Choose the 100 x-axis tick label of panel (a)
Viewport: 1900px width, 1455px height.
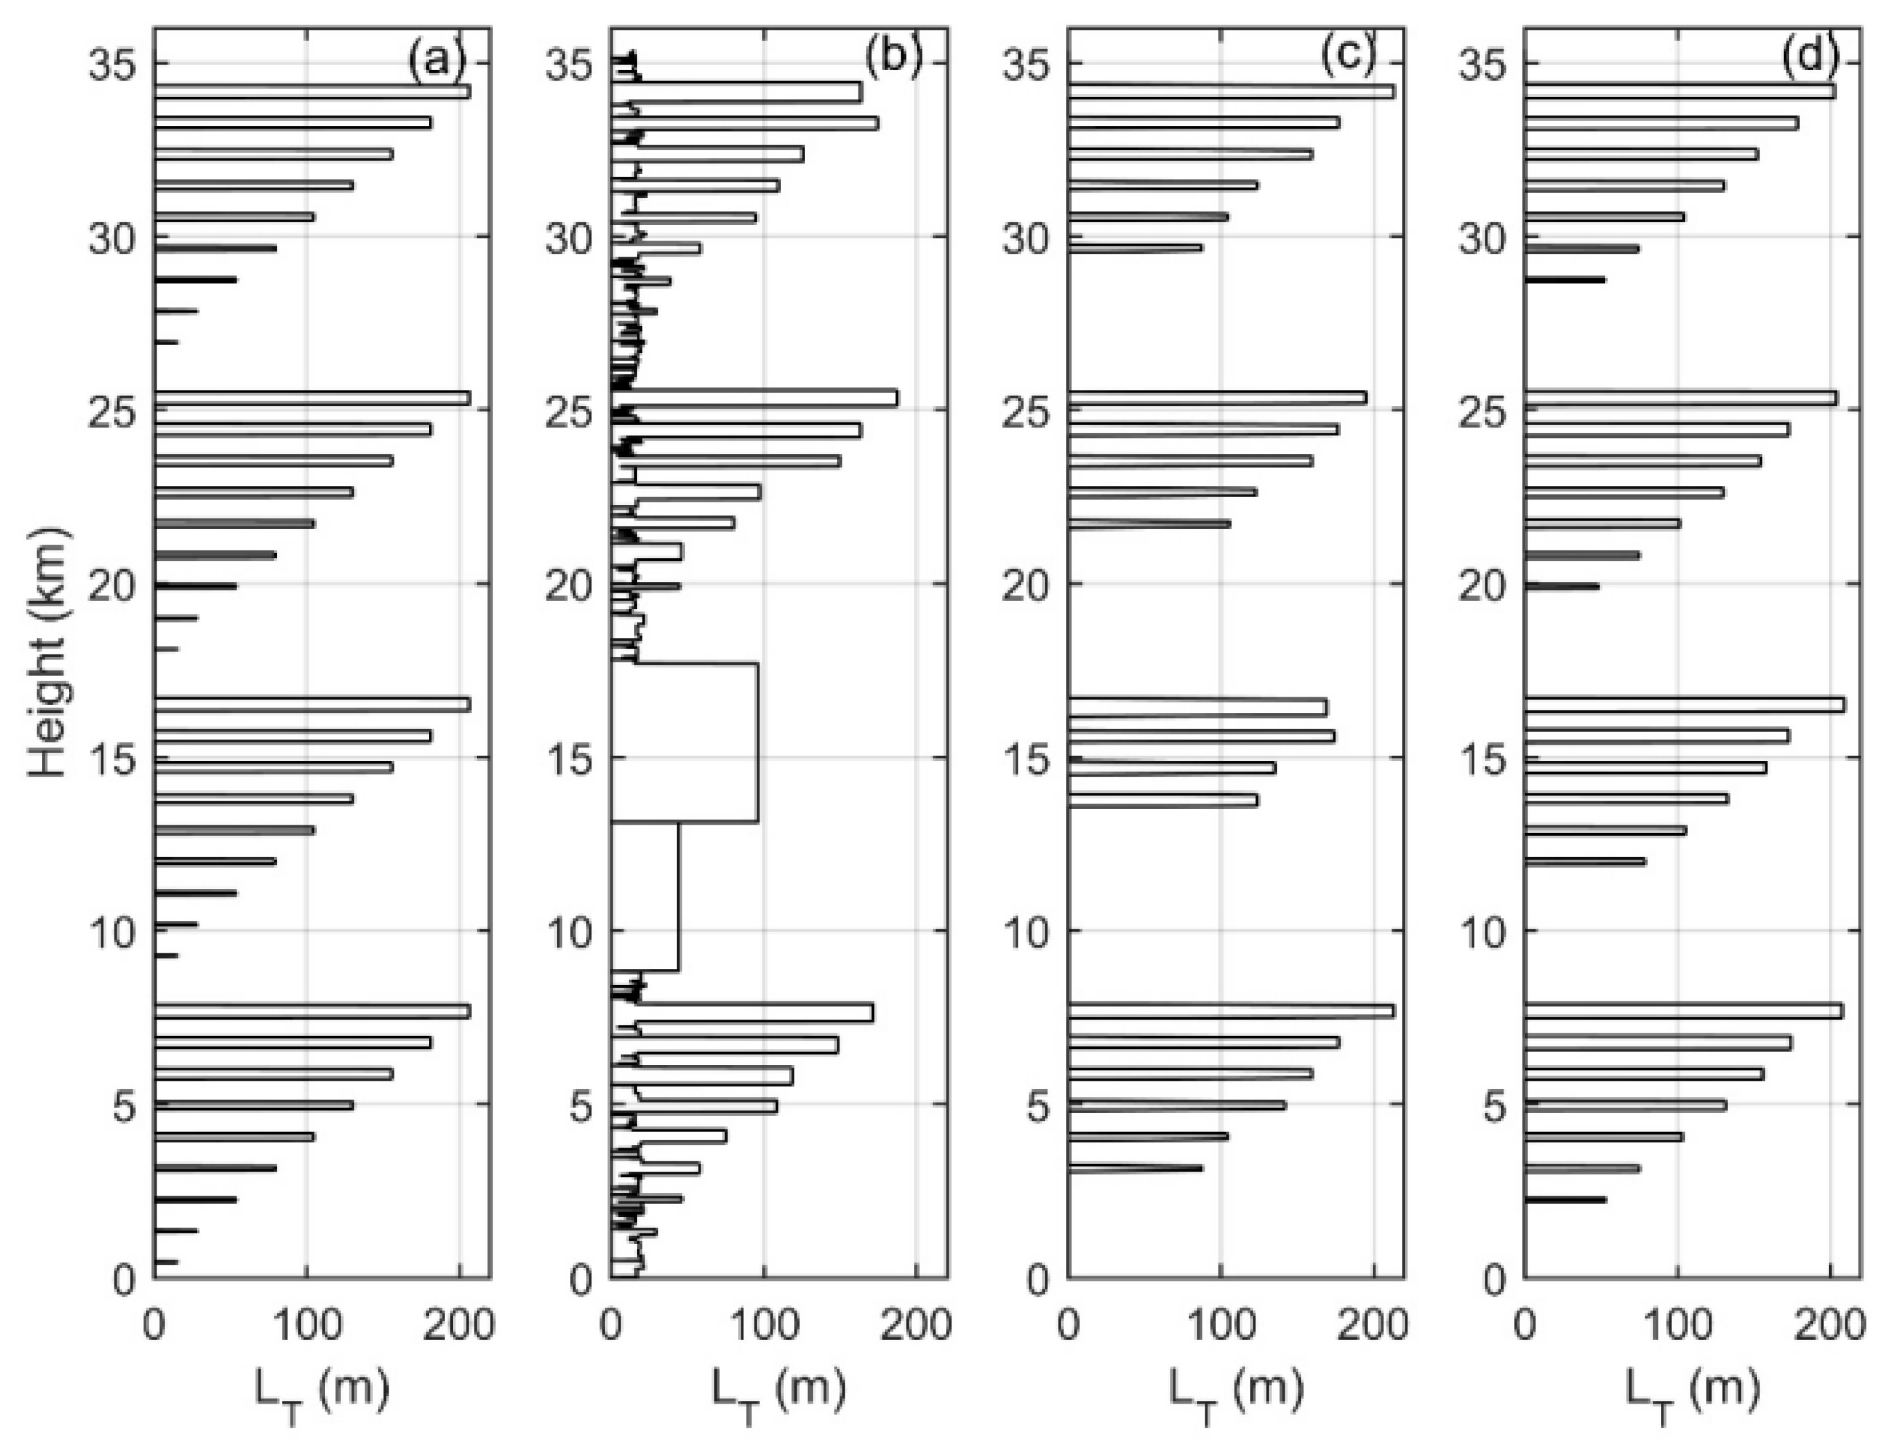coord(305,1326)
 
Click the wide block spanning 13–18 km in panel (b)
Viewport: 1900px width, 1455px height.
coord(684,742)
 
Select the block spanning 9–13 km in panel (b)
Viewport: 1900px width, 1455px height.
coord(645,896)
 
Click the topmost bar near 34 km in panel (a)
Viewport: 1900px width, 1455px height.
coord(312,92)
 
